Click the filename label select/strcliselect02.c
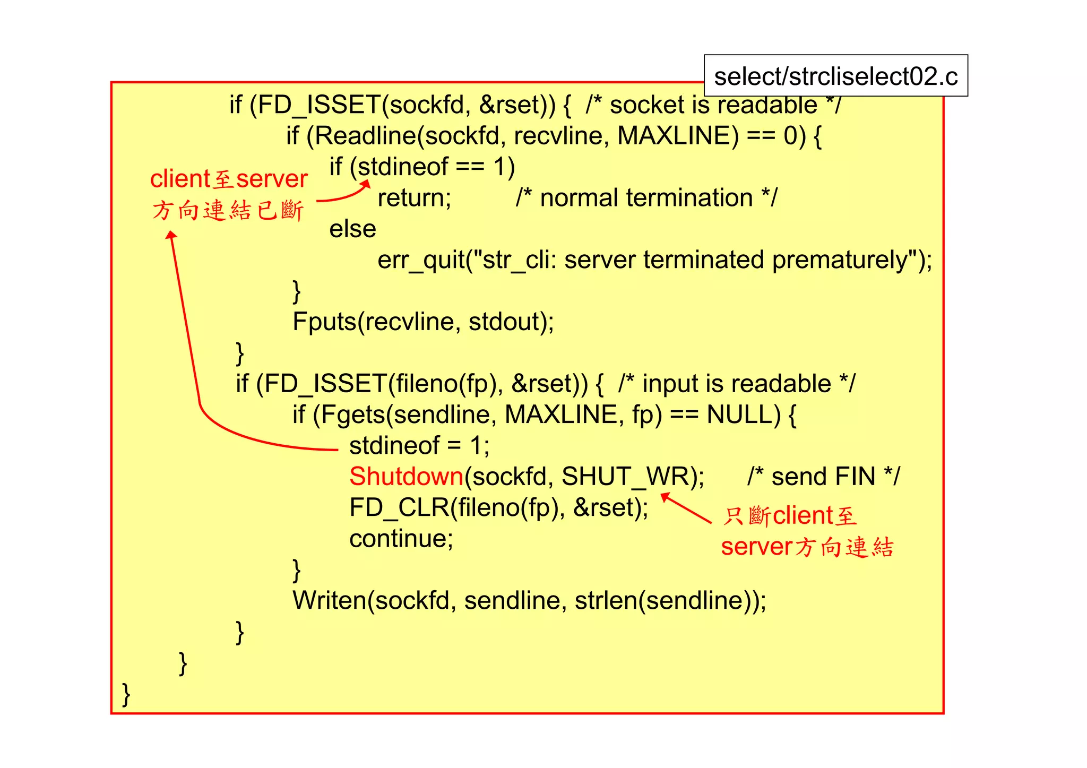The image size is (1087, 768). point(835,76)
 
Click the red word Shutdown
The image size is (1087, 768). point(406,477)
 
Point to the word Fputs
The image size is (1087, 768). point(324,322)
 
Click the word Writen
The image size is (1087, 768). point(330,601)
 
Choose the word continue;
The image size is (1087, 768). point(401,539)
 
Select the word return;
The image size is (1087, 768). point(414,198)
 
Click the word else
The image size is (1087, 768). point(352,229)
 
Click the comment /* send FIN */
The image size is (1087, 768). point(823,477)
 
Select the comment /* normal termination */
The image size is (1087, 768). point(646,198)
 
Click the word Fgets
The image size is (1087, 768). point(352,415)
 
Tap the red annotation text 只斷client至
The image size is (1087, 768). point(790,516)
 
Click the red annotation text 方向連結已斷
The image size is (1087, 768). point(227,211)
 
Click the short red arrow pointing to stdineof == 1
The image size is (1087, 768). point(345,194)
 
